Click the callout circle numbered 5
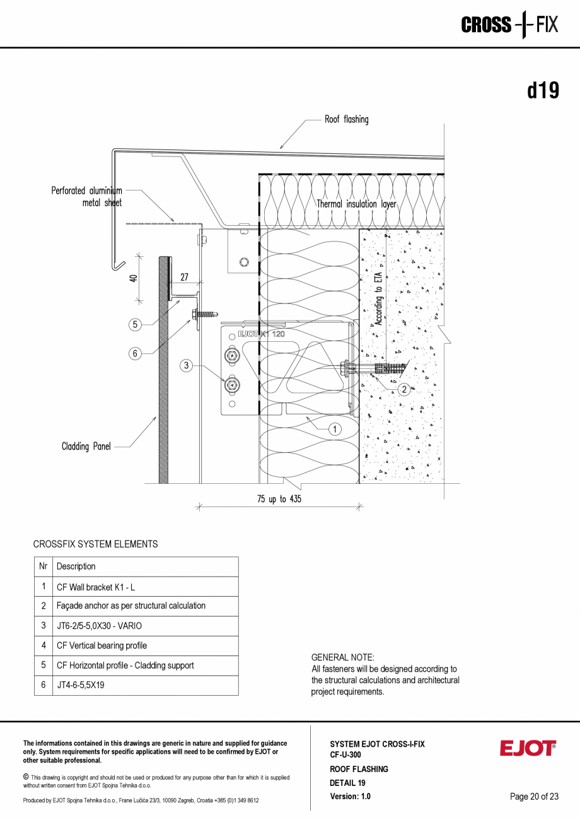click(135, 325)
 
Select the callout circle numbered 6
click(135, 354)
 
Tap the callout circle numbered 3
click(186, 365)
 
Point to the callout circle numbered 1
click(335, 429)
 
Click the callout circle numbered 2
click(404, 389)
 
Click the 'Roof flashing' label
click(346, 119)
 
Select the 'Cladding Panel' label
click(86, 447)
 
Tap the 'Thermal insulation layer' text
click(357, 204)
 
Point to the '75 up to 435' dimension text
click(279, 499)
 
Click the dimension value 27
click(184, 277)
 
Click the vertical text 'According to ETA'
click(378, 298)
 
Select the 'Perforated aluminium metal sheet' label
click(87, 196)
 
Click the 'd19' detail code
click(543, 91)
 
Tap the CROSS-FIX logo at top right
click(509, 25)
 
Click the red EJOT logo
click(528, 749)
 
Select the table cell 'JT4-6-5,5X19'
click(81, 685)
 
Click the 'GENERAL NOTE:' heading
click(343, 657)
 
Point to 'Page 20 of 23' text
click(534, 797)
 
